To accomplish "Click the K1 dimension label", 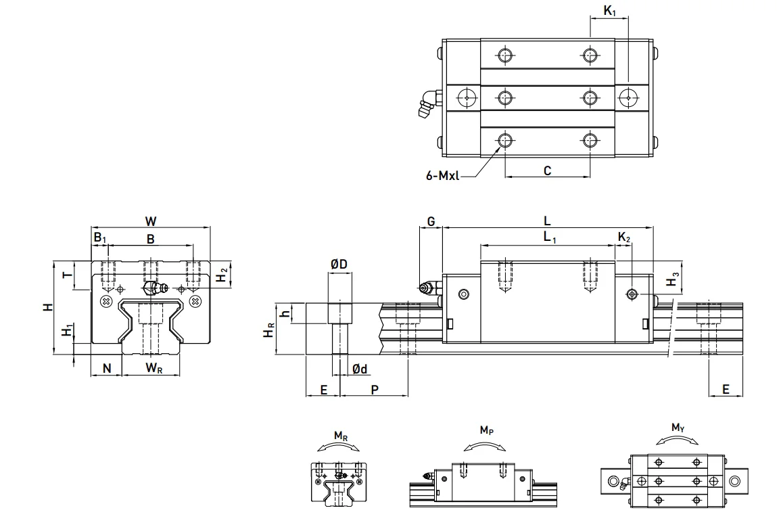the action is click(610, 10).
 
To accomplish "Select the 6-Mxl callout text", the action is click(442, 175).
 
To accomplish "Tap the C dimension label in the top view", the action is click(548, 171).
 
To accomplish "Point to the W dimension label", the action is click(150, 221).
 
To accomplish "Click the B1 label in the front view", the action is click(100, 237).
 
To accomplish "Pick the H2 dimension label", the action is click(222, 275).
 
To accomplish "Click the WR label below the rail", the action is click(154, 369).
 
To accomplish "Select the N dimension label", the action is click(107, 369).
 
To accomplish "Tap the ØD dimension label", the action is click(339, 264).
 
